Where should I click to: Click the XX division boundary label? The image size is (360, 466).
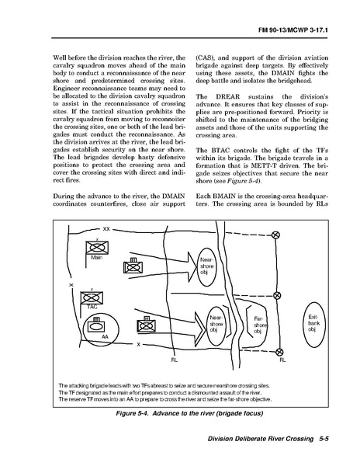[x=106, y=229]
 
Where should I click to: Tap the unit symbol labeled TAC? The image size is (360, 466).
[x=92, y=298]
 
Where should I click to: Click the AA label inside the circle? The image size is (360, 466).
[x=105, y=337]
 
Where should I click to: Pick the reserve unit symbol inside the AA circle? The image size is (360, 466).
[x=96, y=325]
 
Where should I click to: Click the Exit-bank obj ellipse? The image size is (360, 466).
[x=314, y=325]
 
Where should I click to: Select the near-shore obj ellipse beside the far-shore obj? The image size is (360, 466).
[x=216, y=325]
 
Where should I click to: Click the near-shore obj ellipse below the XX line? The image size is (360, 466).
[x=206, y=266]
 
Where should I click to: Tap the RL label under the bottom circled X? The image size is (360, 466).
[x=282, y=360]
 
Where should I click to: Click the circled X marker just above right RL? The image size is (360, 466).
[x=279, y=352]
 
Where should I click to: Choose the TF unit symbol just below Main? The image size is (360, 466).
[x=133, y=266]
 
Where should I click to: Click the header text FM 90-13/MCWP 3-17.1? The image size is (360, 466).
[x=293, y=30]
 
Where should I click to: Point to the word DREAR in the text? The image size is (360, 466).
[x=227, y=96]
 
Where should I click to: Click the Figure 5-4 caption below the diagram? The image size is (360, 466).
[x=189, y=413]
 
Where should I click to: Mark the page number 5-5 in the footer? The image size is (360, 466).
[x=324, y=439]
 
